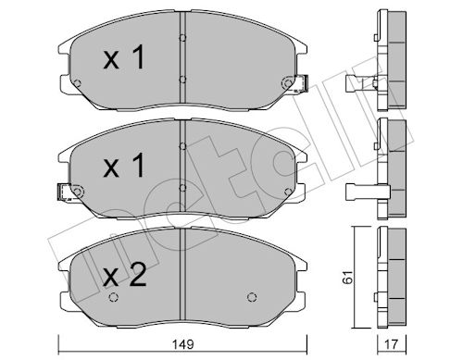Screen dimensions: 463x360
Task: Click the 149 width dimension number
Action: tap(182, 345)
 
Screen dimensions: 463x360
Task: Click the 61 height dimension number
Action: tap(348, 278)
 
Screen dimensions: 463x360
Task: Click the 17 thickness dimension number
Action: tap(392, 344)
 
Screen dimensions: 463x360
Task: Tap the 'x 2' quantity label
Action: tap(125, 276)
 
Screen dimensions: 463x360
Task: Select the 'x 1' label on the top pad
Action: tap(124, 57)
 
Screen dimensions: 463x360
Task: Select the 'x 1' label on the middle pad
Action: tap(124, 166)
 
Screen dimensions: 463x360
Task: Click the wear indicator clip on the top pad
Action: tap(301, 83)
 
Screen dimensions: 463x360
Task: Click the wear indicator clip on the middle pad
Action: tap(65, 192)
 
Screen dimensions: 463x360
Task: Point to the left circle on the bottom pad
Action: tap(114, 297)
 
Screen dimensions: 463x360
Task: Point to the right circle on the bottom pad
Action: tap(252, 297)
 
